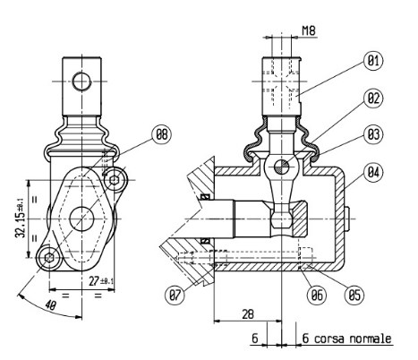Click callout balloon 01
click(x=373, y=61)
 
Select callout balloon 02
click(x=373, y=99)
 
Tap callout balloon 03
click(x=373, y=134)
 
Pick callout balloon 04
click(x=373, y=172)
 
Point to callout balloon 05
click(x=354, y=296)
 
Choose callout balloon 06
click(x=317, y=296)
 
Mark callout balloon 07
click(x=175, y=296)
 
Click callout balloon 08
click(x=162, y=134)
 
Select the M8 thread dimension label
click(x=309, y=30)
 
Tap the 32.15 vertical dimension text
click(x=21, y=218)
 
